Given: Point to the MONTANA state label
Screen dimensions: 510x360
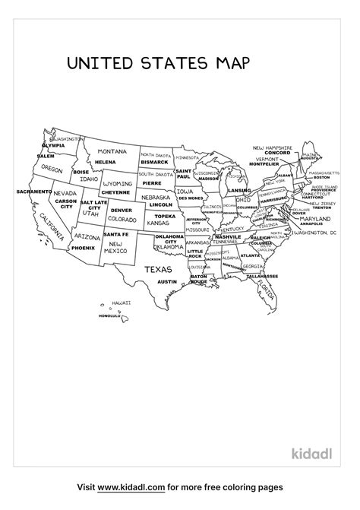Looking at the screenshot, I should click(x=112, y=151).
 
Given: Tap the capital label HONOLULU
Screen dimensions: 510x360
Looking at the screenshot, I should click(x=99, y=316).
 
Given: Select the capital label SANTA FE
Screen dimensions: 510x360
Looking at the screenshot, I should click(x=116, y=234).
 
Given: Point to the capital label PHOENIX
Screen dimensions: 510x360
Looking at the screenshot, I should click(x=84, y=248).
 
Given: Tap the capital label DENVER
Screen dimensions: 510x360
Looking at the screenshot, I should click(x=122, y=211).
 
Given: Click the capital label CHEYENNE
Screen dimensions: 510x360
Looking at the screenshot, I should click(x=115, y=192).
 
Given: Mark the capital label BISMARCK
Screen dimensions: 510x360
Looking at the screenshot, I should click(x=154, y=162).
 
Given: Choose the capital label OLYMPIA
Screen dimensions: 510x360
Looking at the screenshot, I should click(x=53, y=145).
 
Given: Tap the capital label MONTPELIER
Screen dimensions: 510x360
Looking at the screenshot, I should click(x=264, y=163).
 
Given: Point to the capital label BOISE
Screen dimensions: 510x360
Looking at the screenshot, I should click(x=81, y=172).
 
